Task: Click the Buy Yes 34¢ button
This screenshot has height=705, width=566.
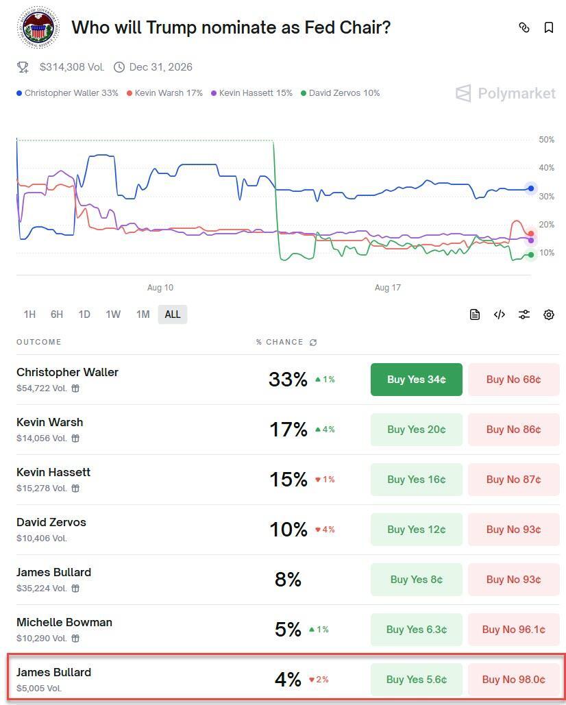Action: point(416,380)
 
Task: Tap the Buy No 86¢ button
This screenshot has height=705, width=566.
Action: point(513,430)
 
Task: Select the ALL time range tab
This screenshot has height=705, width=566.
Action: point(173,314)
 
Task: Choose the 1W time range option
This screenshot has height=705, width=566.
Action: point(113,314)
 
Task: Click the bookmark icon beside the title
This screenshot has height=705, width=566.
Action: point(549,27)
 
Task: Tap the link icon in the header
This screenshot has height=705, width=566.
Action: point(524,27)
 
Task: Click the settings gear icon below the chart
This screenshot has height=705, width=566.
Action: point(549,314)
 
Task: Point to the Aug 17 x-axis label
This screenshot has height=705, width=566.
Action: point(388,288)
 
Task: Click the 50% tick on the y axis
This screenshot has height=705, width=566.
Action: point(546,140)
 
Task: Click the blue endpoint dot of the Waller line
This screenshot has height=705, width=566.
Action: point(531,188)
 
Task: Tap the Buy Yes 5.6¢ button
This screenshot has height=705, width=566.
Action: point(416,680)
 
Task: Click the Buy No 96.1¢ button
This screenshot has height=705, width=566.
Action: point(513,630)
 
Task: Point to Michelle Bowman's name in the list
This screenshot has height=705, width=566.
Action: point(64,622)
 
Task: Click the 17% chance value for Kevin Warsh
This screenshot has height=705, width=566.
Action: point(288,430)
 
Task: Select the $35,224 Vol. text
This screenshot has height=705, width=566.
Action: point(42,588)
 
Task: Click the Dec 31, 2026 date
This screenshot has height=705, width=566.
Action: point(160,67)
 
